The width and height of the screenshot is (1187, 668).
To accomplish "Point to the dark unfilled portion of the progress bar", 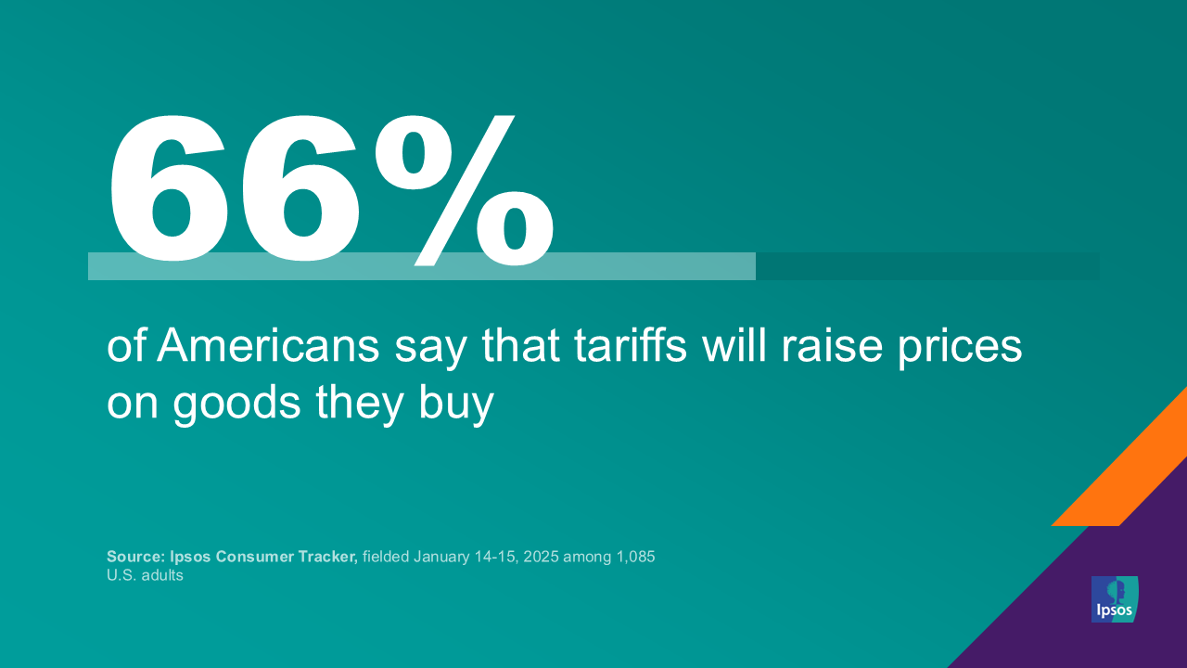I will pyautogui.click(x=927, y=266).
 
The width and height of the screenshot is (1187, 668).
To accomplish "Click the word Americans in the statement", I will pyautogui.click(x=269, y=347).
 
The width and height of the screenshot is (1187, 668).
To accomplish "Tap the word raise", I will pyautogui.click(x=829, y=347).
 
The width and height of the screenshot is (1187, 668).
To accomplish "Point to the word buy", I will pyautogui.click(x=459, y=405).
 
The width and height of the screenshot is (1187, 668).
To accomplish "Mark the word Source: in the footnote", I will pyautogui.click(x=134, y=557).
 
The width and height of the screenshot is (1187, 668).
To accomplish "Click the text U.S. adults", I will pyautogui.click(x=145, y=575).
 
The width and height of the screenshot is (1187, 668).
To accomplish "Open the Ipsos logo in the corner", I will pyautogui.click(x=1114, y=599).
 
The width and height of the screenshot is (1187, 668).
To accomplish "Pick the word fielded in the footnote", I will pyautogui.click(x=385, y=557).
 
